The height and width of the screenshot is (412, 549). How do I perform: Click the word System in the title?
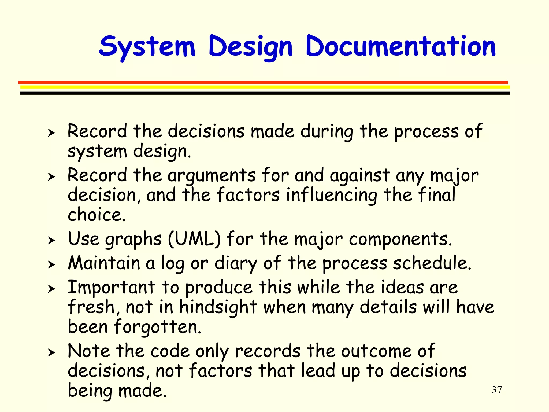coord(147,47)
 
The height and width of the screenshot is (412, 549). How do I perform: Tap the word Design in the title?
coord(250,47)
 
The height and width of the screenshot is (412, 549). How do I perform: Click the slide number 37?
coord(497,390)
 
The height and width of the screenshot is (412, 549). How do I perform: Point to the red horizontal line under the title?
coord(263,82)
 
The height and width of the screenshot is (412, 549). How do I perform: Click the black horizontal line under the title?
coord(265,93)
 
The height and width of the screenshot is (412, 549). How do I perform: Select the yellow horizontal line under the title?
coord(265,87)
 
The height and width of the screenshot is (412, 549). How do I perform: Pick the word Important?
coord(111,287)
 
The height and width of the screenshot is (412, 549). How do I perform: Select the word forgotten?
coord(157,327)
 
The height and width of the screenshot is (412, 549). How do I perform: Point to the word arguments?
coord(212,176)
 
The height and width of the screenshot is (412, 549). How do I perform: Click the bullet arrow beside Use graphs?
coord(51,240)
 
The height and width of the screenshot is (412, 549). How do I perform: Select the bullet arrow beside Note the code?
coord(51,352)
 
